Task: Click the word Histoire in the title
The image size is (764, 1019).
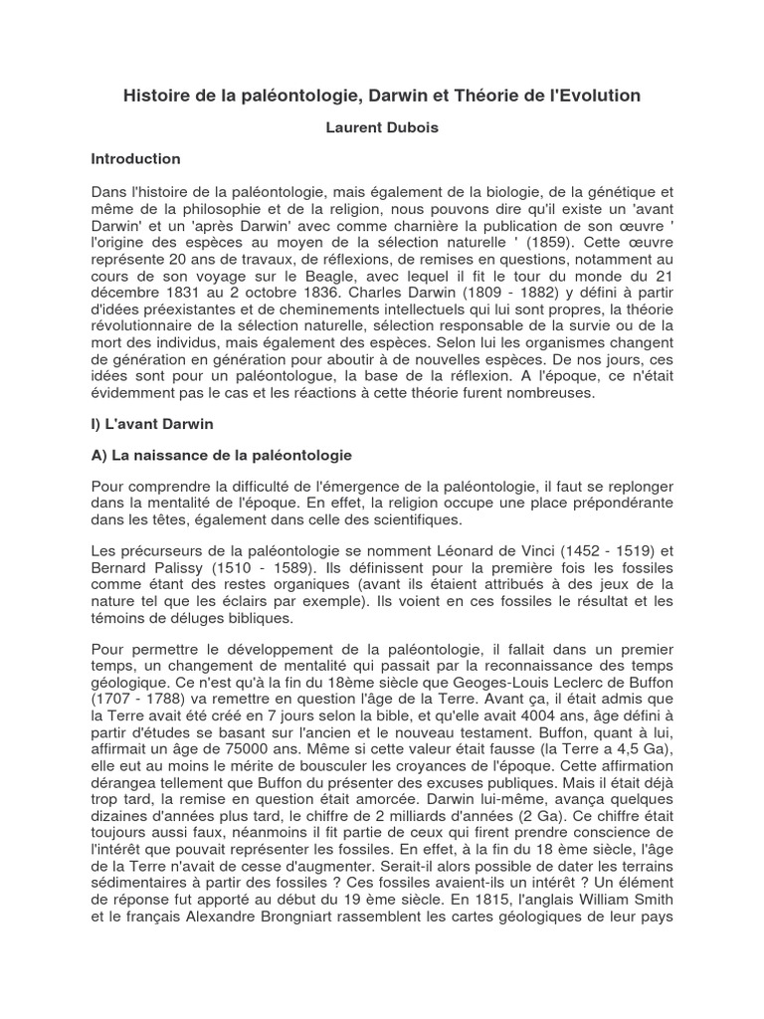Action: coord(155,96)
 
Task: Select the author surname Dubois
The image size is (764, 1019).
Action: coord(412,128)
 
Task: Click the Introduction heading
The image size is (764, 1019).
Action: coord(136,158)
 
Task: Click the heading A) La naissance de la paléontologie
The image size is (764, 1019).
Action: coord(221,456)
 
